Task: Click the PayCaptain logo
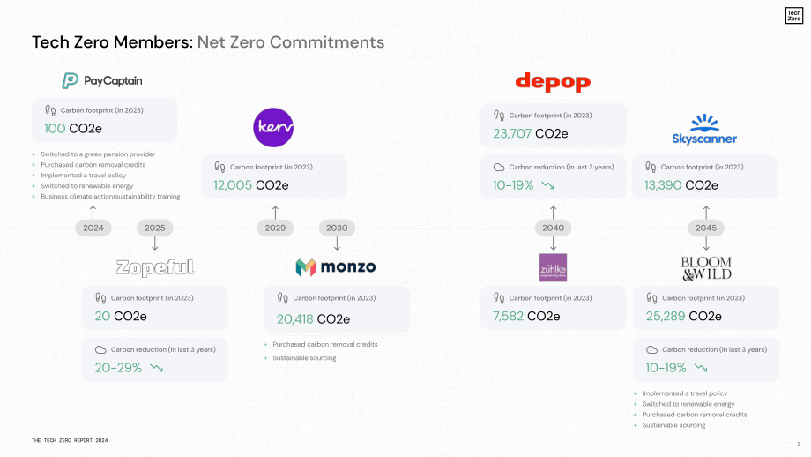pyautogui.click(x=102, y=81)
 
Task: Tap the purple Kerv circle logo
pyautogui.click(x=273, y=127)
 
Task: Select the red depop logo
pyautogui.click(x=553, y=82)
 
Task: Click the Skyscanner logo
pyautogui.click(x=704, y=130)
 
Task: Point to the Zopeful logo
pyautogui.click(x=154, y=267)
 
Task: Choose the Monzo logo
pyautogui.click(x=336, y=267)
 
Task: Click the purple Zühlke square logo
pyautogui.click(x=553, y=267)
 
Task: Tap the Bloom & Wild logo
pyautogui.click(x=706, y=268)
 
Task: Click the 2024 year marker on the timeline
pyautogui.click(x=93, y=228)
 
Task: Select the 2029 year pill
pyautogui.click(x=275, y=228)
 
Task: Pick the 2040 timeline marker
pyautogui.click(x=553, y=228)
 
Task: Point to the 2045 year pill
pyautogui.click(x=706, y=228)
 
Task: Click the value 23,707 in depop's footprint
pyautogui.click(x=512, y=133)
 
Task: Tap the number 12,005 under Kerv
pyautogui.click(x=233, y=185)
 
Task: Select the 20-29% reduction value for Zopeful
pyautogui.click(x=118, y=368)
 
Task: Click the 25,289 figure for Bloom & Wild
pyautogui.click(x=666, y=316)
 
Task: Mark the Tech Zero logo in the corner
pyautogui.click(x=794, y=16)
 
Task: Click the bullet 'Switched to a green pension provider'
pyautogui.click(x=98, y=154)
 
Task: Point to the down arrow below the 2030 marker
pyautogui.click(x=337, y=243)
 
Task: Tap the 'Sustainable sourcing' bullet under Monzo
pyautogui.click(x=304, y=358)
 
